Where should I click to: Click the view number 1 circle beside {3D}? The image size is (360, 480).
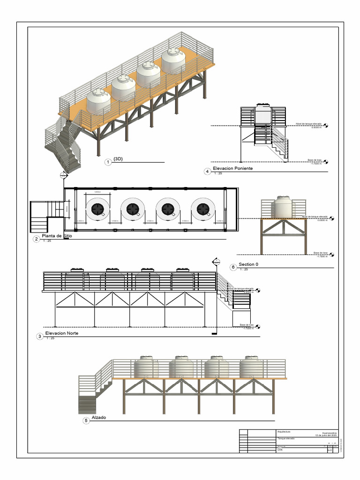coord(108,162)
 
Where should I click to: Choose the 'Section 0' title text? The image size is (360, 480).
coord(248,264)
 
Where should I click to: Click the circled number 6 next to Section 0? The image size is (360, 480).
coord(233,267)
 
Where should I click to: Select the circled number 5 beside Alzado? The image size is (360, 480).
coord(86,420)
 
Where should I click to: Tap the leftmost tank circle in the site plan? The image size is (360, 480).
coord(98,209)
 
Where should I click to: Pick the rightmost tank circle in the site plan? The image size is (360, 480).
coord(203,209)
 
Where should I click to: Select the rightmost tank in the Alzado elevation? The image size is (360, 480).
coord(251,367)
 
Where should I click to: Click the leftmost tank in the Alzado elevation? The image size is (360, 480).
coord(146,367)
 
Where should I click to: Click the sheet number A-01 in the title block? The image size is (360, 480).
coord(329,450)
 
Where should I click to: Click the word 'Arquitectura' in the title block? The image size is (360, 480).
coord(284,432)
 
